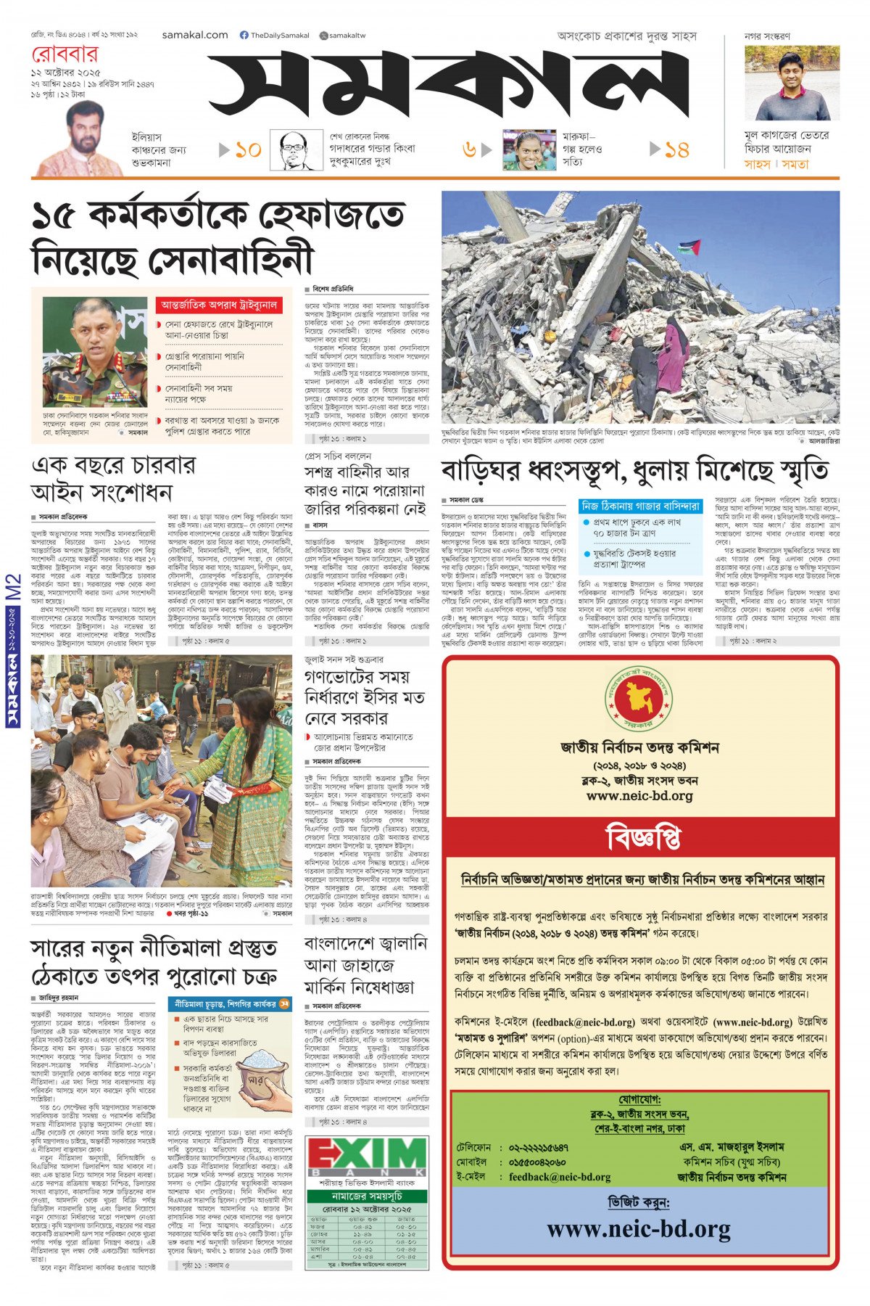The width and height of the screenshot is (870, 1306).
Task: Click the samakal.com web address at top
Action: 195,35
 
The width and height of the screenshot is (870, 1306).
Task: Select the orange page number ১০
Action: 248,150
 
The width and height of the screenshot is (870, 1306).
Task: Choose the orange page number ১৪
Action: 676,150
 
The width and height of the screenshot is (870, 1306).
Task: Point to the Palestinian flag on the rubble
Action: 688,247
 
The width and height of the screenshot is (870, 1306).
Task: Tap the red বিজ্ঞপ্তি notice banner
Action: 642,838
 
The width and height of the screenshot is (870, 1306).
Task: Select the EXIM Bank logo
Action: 366,1158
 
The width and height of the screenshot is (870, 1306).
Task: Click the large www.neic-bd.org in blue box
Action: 639,1229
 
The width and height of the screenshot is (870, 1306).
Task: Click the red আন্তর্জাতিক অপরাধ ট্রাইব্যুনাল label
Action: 219,305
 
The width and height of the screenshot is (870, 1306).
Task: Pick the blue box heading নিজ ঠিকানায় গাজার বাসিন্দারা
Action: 641,506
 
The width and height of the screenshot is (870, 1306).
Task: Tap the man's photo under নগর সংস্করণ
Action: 792,83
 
